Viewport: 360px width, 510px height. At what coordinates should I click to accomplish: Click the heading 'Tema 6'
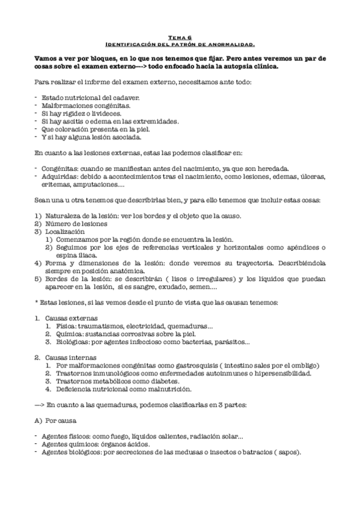pos(180,37)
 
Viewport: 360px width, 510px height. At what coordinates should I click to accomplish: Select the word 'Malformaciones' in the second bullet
pos(67,105)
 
